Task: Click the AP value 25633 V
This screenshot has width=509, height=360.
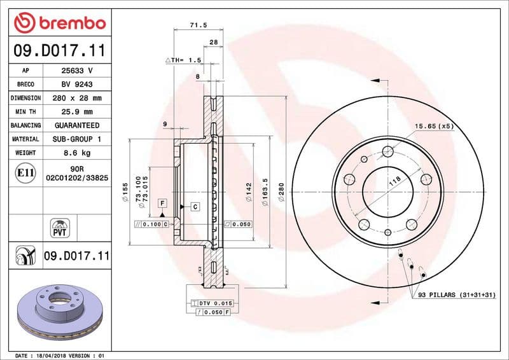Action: click(77, 71)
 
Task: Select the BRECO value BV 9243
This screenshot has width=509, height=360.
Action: click(77, 85)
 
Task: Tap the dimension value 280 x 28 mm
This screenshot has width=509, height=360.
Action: click(77, 99)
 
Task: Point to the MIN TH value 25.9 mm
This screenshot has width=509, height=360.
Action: click(77, 112)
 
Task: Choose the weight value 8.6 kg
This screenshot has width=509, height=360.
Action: click(77, 153)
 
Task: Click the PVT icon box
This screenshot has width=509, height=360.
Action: click(59, 227)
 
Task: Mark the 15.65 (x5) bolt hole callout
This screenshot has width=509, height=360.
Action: click(435, 126)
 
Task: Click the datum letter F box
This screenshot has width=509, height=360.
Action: click(163, 204)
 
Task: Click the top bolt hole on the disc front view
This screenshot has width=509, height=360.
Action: click(387, 151)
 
